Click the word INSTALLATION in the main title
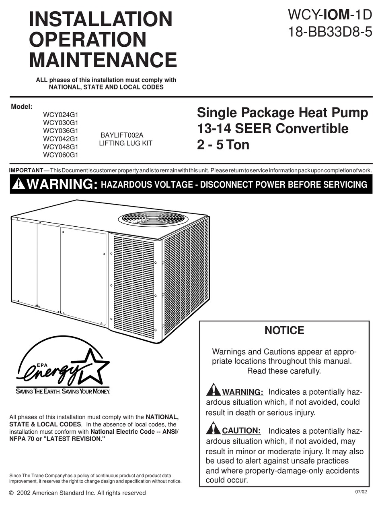coord(101,19)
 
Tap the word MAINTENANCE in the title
coord(103,60)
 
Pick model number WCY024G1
coord(61,114)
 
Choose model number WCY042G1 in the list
coord(61,139)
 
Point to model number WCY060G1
coord(61,155)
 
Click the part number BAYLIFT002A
coord(122,135)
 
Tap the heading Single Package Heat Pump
coord(282,113)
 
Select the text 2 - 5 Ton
coord(223,145)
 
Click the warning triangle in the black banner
coord(18,184)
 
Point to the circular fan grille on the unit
coord(153,219)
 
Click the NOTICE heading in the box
coord(284,331)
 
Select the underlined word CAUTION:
coord(242,430)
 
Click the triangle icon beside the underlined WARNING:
coord(213,390)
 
